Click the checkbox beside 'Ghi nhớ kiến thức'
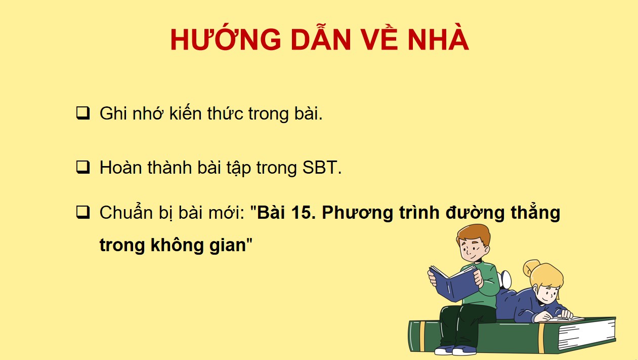point(83,113)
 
